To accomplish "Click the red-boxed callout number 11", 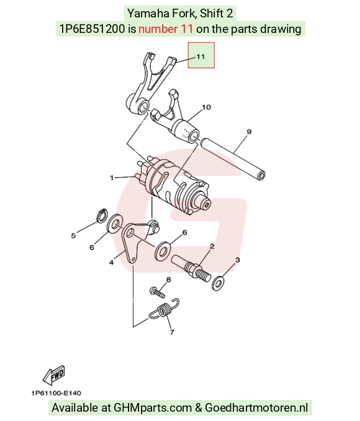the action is pyautogui.click(x=200, y=57).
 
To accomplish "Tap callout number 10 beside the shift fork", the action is pyautogui.click(x=206, y=107).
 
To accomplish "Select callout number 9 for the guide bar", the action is pyautogui.click(x=249, y=132).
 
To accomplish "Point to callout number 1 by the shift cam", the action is pyautogui.click(x=112, y=178).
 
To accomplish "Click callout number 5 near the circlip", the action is pyautogui.click(x=73, y=236).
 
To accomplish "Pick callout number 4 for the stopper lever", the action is pyautogui.click(x=111, y=262).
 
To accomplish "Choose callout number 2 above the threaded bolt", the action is pyautogui.click(x=212, y=246).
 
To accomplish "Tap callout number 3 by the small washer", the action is pyautogui.click(x=237, y=260).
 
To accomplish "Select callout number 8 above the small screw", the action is pyautogui.click(x=168, y=280).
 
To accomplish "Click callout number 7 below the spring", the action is pyautogui.click(x=172, y=332).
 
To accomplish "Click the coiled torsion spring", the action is pyautogui.click(x=164, y=309).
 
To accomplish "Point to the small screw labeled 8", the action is pyautogui.click(x=157, y=292).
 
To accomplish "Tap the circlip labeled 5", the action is pyautogui.click(x=102, y=215).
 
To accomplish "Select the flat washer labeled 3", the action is pyautogui.click(x=218, y=283).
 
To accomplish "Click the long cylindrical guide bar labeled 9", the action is pyautogui.click(x=232, y=158).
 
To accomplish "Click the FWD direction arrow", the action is pyautogui.click(x=54, y=374).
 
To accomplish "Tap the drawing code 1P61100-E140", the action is pyautogui.click(x=56, y=393).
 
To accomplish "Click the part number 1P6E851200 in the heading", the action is pyautogui.click(x=92, y=29).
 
